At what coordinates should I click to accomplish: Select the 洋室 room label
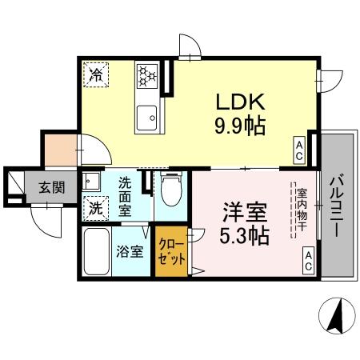click(x=244, y=214)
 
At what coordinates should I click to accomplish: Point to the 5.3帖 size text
click(x=244, y=236)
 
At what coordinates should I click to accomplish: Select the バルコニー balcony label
click(x=336, y=204)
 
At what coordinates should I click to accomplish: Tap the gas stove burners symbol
click(x=146, y=76)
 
